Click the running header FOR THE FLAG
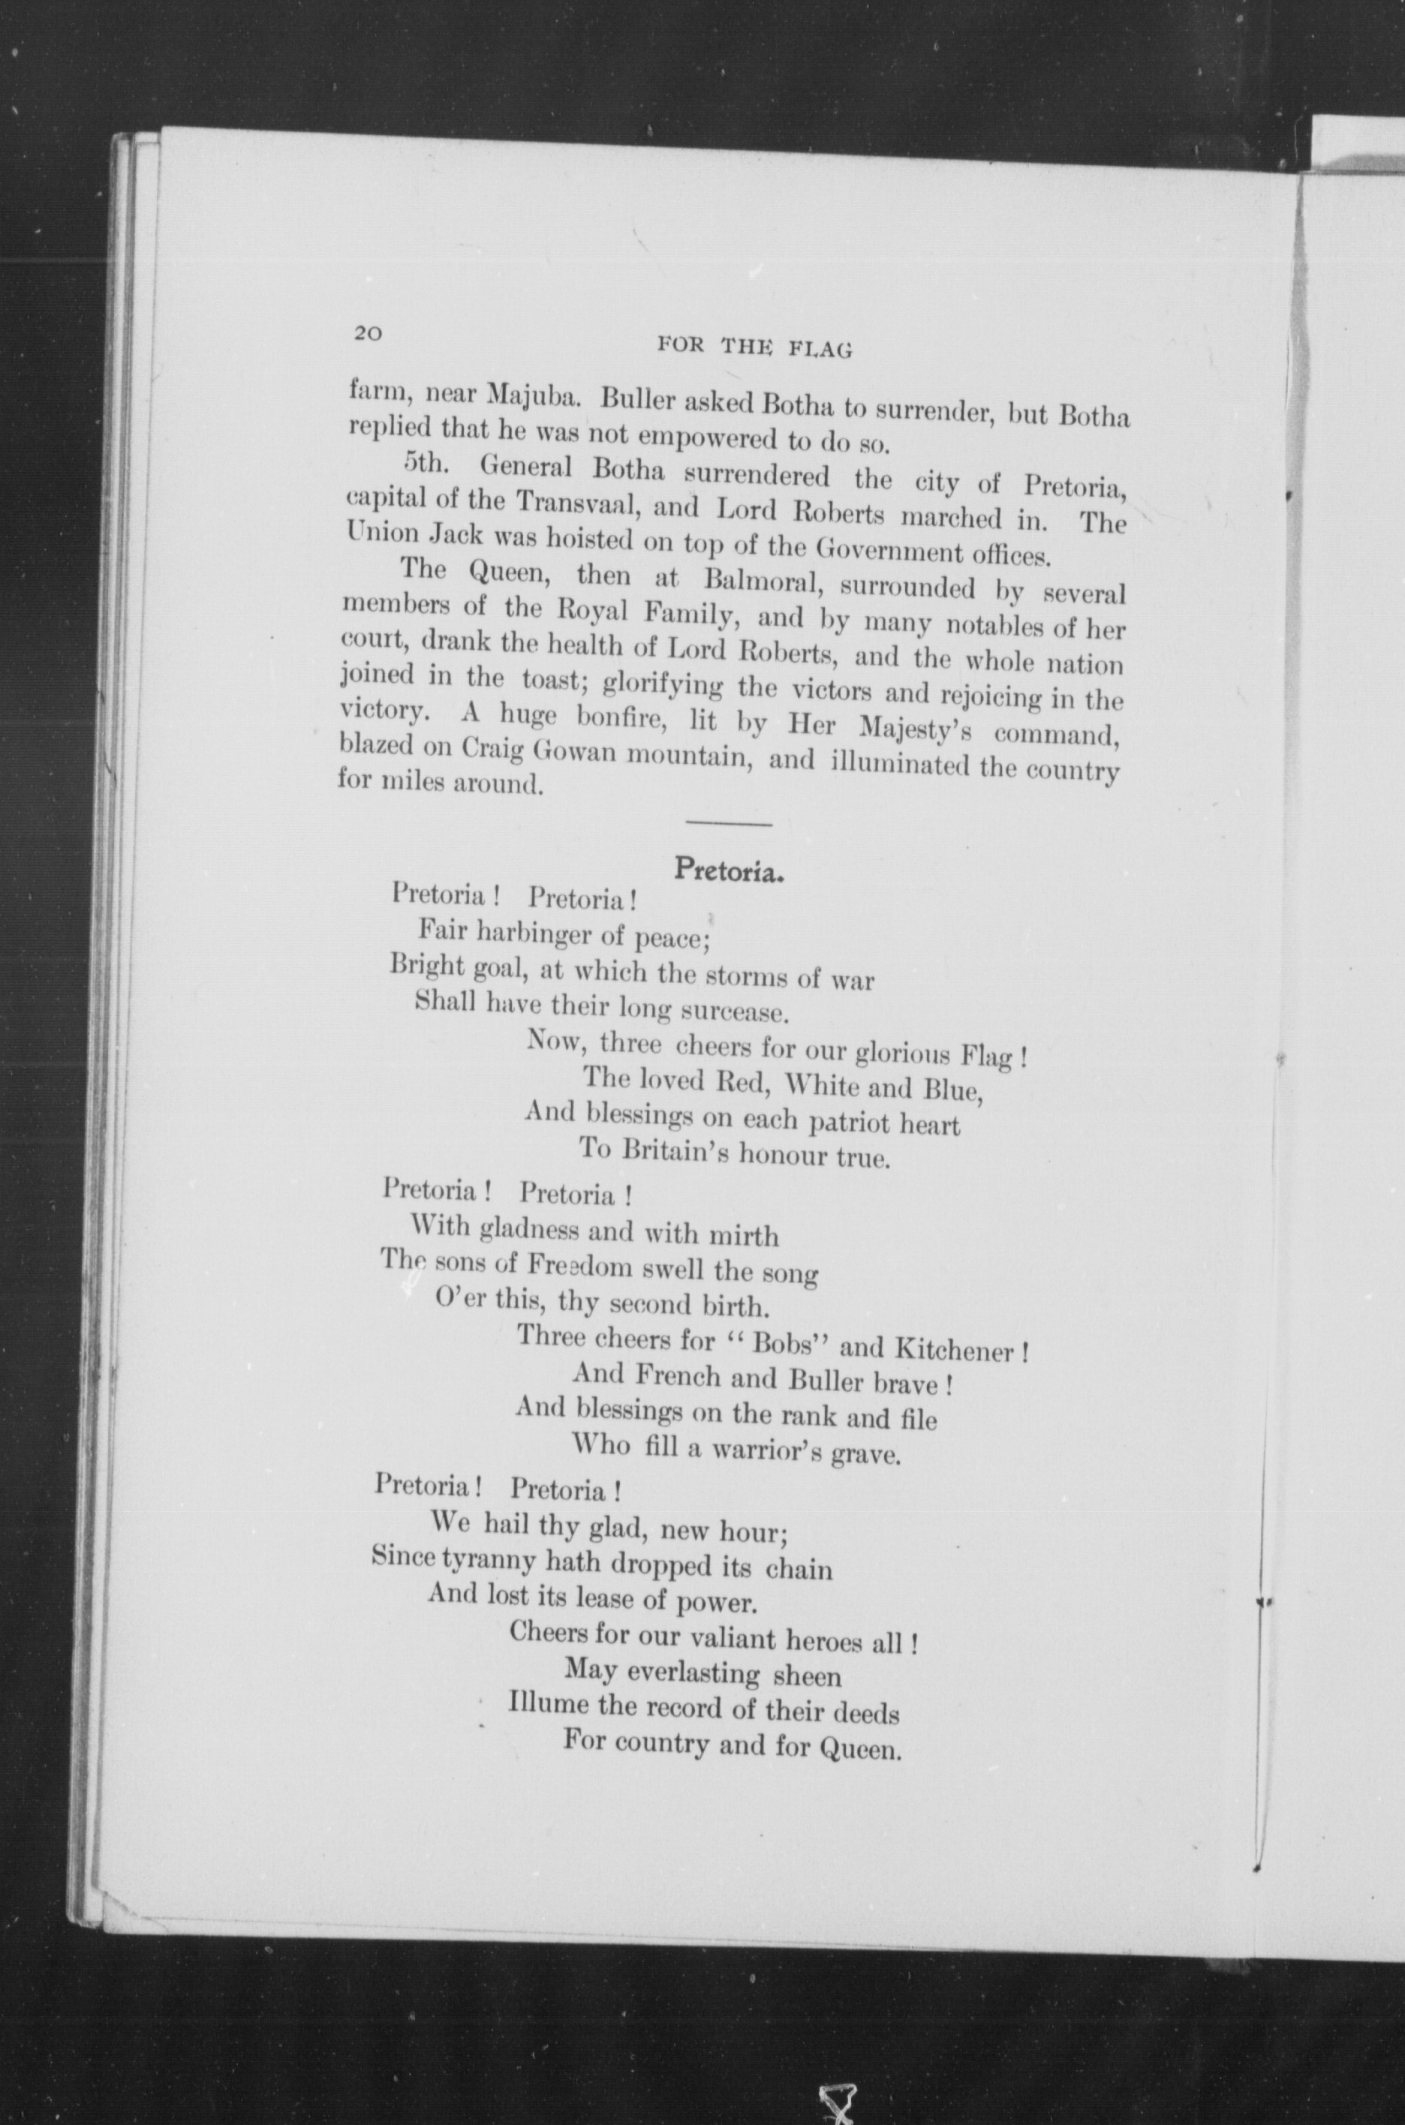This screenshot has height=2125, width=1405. tap(754, 347)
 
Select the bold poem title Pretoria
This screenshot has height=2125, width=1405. tap(730, 868)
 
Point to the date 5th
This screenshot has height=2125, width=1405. tap(425, 463)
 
